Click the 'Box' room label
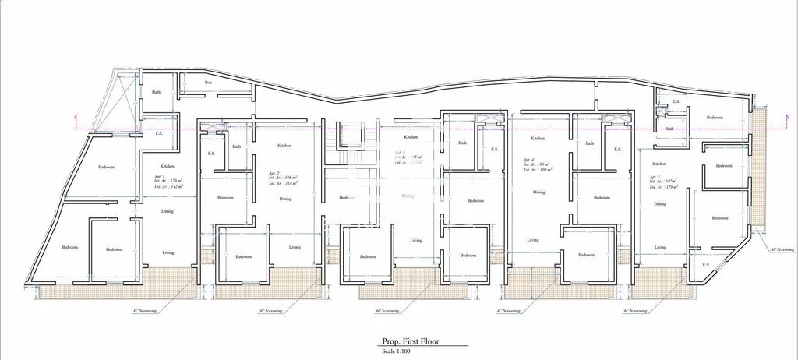point(208,83)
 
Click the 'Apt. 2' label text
point(273,172)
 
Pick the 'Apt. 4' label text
point(527,159)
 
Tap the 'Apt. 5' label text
point(653,177)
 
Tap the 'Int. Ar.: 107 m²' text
point(664,182)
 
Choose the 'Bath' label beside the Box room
point(156,92)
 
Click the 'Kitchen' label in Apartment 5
point(659,164)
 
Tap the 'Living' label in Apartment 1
point(168,252)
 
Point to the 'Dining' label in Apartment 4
point(539,192)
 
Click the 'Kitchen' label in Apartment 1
point(167,166)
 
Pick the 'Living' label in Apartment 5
point(660,247)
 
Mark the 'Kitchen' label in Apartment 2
point(285,146)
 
